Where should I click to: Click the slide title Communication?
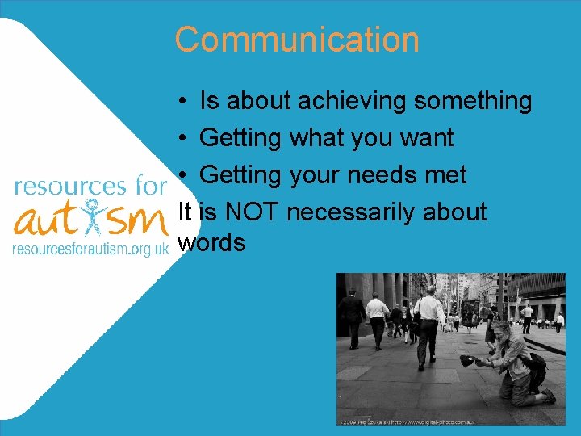pos(296,40)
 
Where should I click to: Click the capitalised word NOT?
pos(252,212)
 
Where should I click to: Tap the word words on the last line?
pos(211,242)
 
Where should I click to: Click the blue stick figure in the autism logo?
pos(98,217)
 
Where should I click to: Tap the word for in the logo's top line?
pos(148,186)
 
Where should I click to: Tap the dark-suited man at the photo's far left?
pos(352,315)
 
